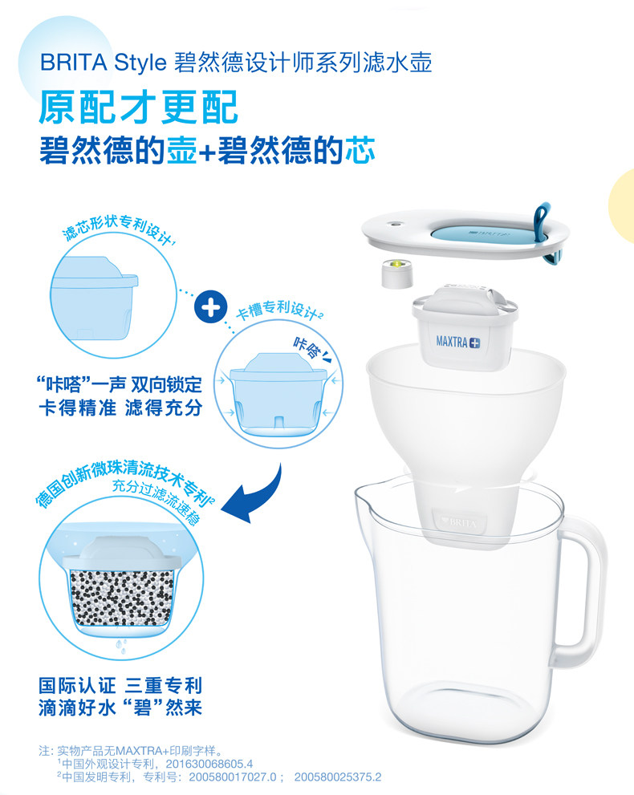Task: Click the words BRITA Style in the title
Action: (x=103, y=63)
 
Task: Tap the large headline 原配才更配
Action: (x=139, y=107)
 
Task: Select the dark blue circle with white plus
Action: (x=211, y=306)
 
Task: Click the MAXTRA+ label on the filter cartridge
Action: (x=458, y=342)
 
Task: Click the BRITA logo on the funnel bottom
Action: (x=459, y=521)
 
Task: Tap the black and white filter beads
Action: (x=122, y=598)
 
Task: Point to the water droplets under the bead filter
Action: (x=120, y=646)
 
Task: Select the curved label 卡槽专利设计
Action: (x=279, y=310)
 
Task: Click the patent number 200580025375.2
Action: (x=338, y=777)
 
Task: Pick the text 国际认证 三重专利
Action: (x=120, y=685)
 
